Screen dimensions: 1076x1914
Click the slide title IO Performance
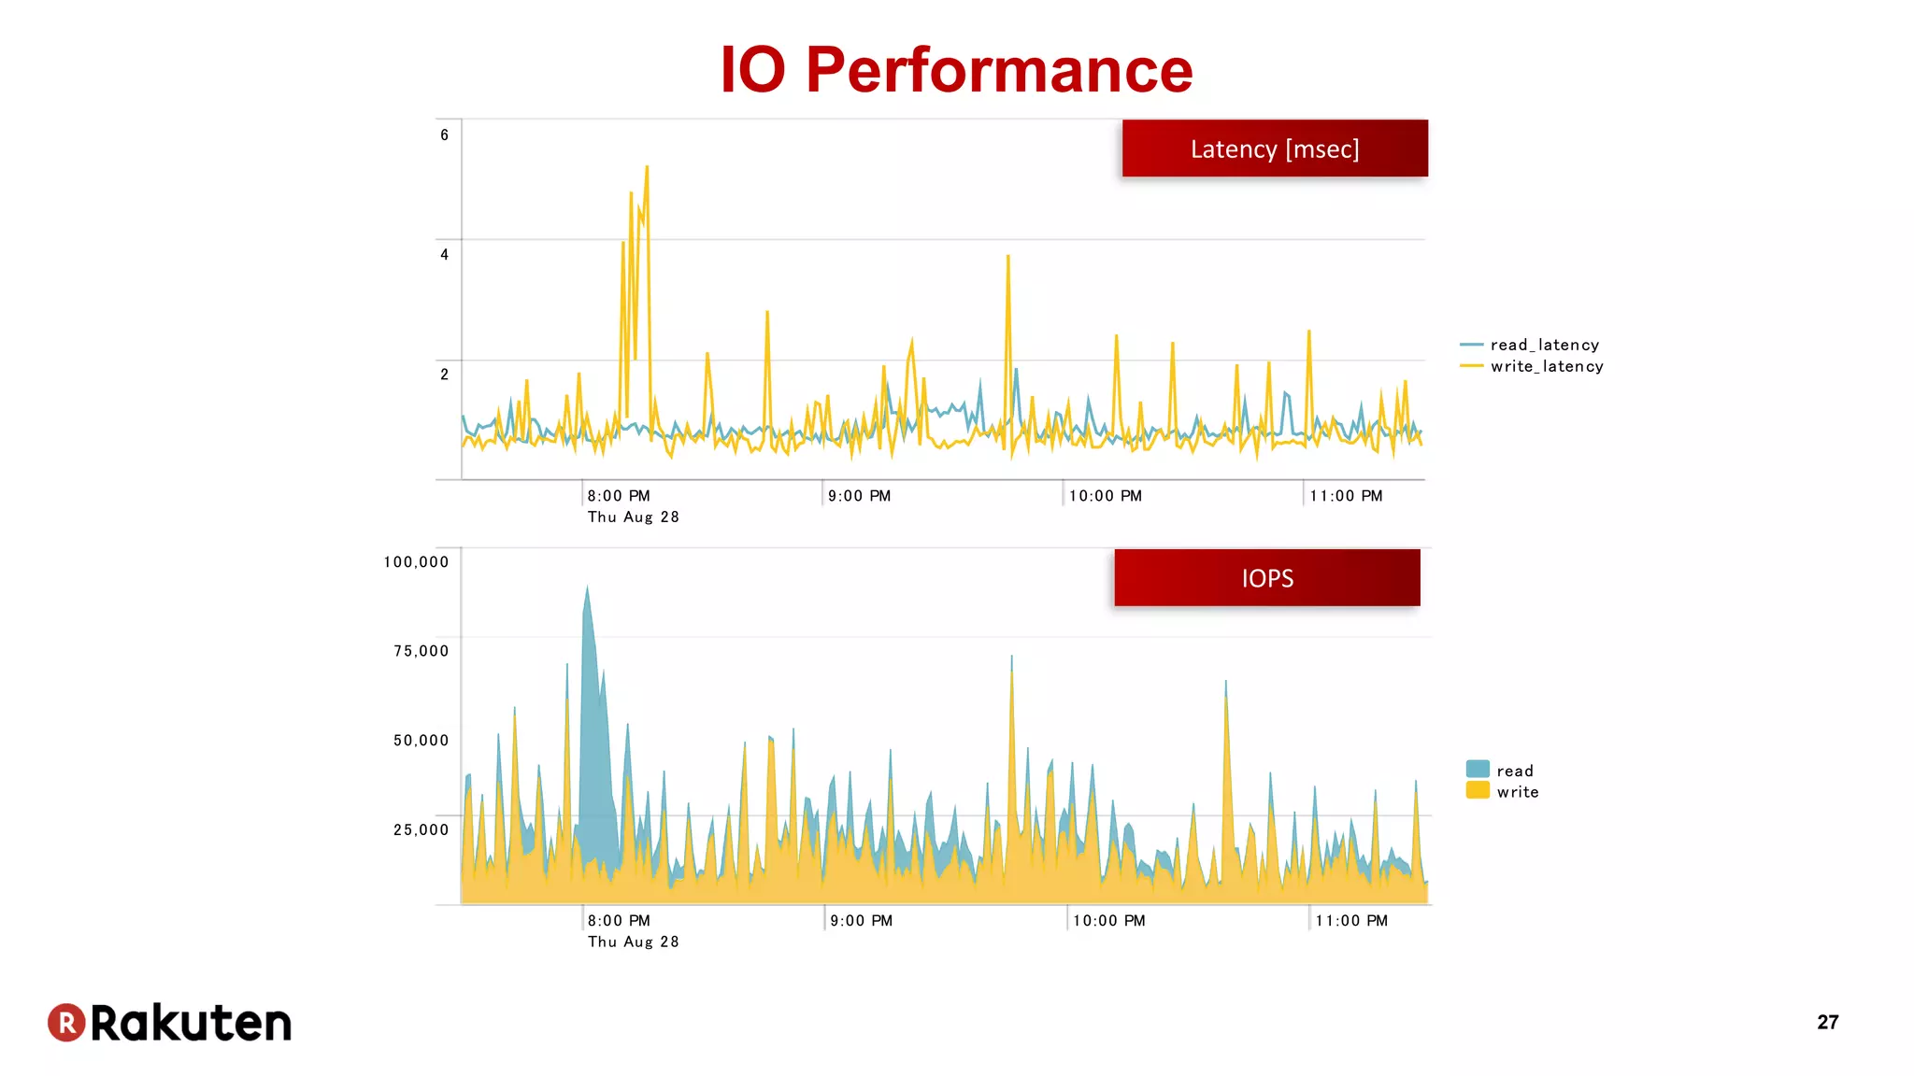tap(956, 70)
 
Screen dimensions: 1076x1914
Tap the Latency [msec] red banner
tap(1275, 149)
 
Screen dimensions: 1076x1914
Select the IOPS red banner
tap(1267, 578)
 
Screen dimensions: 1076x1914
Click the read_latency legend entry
tap(1544, 346)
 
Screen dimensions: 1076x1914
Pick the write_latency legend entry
tap(1546, 367)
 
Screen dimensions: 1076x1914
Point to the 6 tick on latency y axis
tap(445, 135)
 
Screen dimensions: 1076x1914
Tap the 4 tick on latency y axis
tap(445, 255)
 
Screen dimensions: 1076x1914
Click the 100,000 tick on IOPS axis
tap(417, 562)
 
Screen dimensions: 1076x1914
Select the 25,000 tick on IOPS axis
tap(421, 829)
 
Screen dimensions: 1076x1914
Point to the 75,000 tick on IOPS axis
tap(421, 651)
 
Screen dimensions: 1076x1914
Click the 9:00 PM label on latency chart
tap(859, 496)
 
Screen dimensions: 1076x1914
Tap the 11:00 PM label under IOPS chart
tap(1351, 921)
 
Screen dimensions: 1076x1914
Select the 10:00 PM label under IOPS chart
tap(1108, 921)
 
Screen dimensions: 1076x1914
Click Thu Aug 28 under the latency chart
tap(633, 517)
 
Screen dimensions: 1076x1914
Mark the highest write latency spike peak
tap(647, 168)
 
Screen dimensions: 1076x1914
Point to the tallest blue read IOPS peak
tap(587, 588)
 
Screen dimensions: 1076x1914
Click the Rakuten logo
tap(170, 1023)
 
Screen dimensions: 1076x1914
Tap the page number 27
tap(1827, 1023)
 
